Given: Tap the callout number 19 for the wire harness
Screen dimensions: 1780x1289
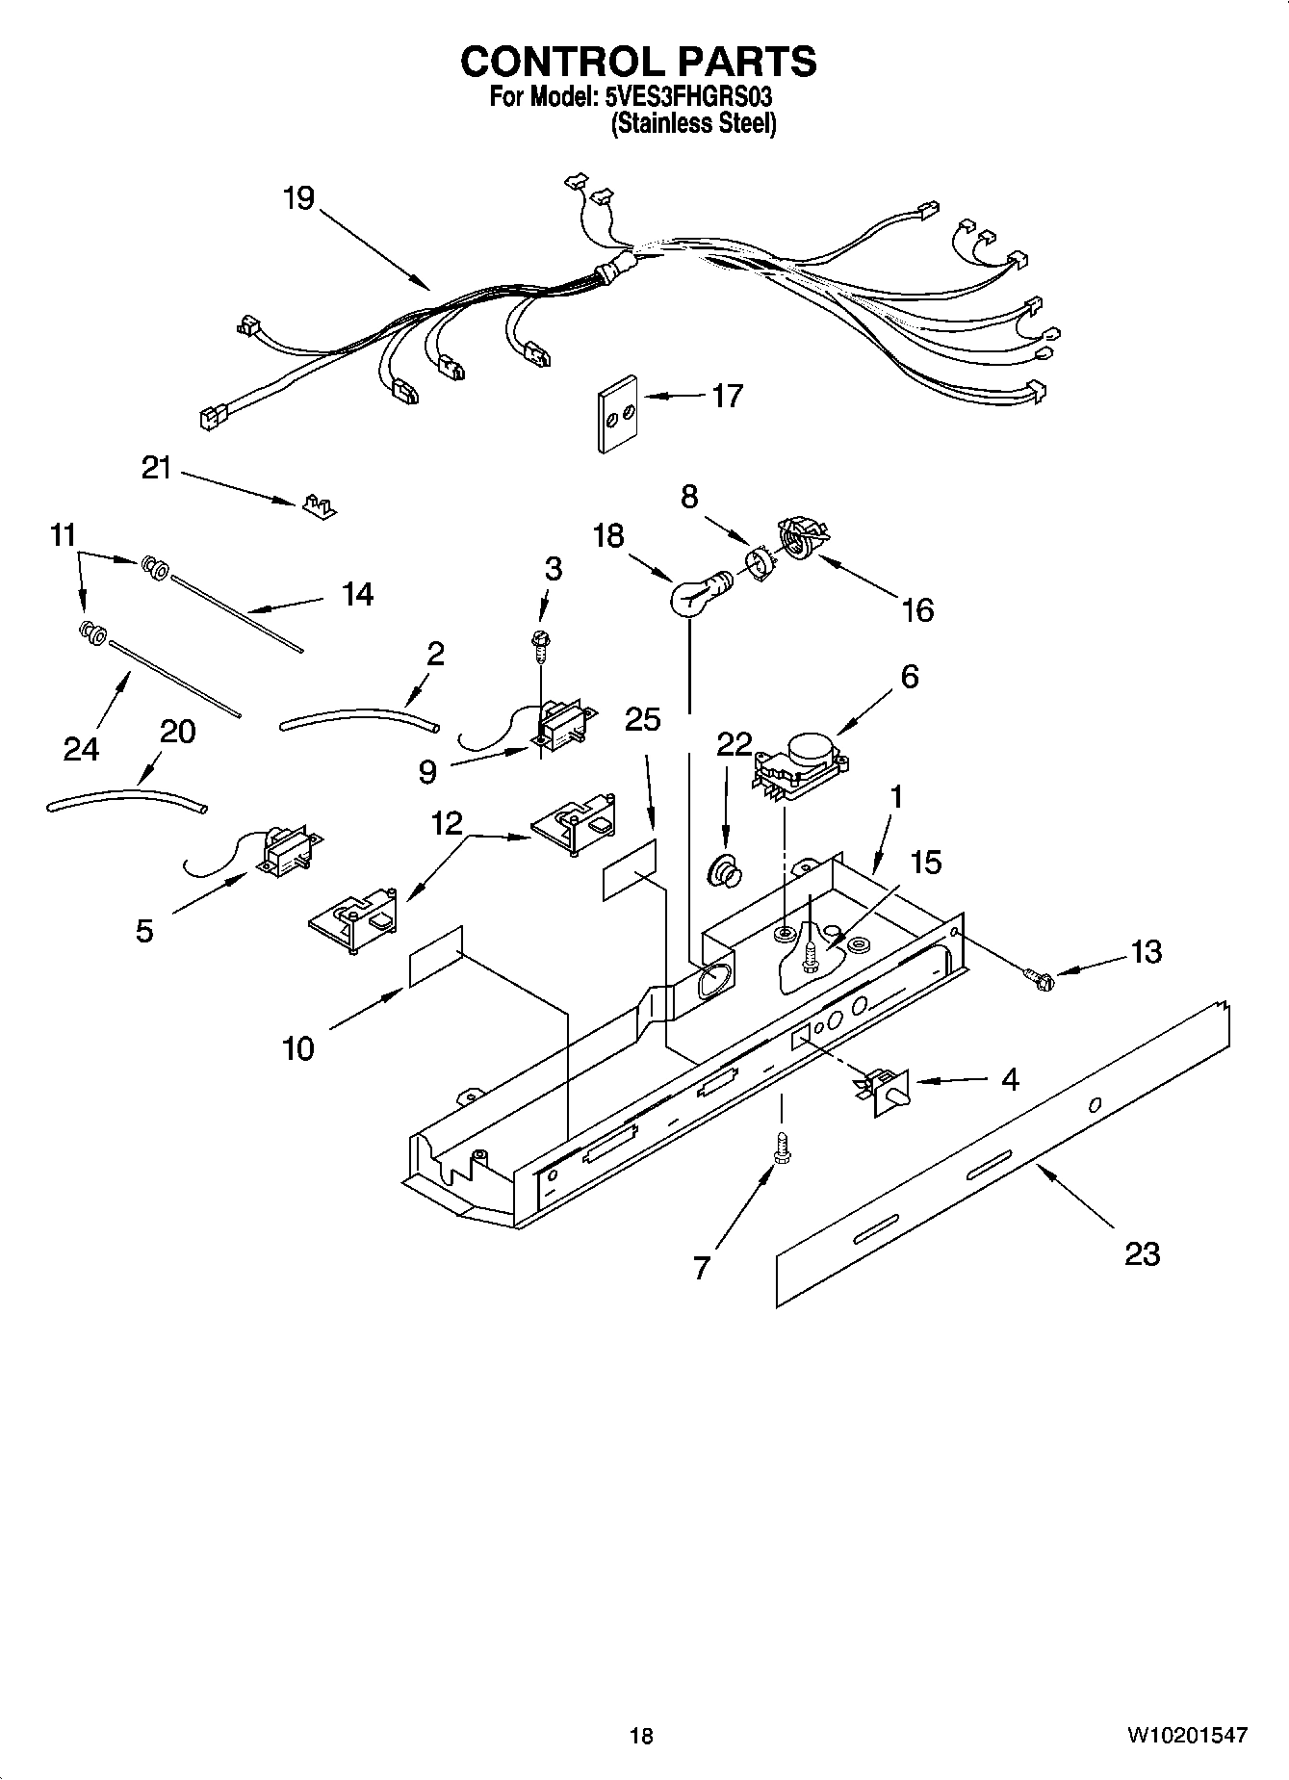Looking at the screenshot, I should coord(298,198).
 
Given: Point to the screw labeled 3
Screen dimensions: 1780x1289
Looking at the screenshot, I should coord(539,644).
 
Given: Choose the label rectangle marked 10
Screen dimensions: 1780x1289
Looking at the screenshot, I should coord(436,956).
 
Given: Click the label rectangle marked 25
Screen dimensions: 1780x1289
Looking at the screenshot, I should coord(631,869).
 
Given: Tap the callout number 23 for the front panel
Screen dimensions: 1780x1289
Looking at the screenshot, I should coord(1142,1253).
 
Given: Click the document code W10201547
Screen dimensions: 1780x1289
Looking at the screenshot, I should coord(1186,1735).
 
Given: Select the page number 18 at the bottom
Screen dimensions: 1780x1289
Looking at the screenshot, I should coord(640,1735).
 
